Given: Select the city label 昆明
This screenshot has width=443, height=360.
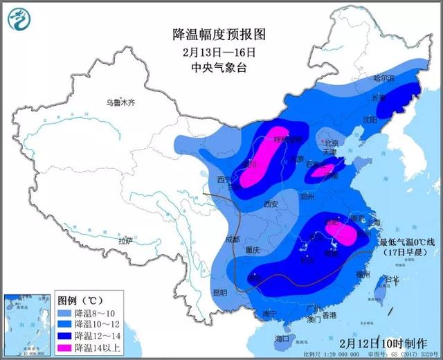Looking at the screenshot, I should (220, 292).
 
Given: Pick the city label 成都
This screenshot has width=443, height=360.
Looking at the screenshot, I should (233, 239).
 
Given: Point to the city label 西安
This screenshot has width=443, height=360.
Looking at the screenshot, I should (270, 204).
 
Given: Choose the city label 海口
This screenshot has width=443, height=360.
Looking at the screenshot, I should (280, 339).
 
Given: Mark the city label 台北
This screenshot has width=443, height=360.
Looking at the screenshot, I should (392, 279).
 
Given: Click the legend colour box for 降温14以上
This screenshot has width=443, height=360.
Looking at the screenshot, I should (64, 346).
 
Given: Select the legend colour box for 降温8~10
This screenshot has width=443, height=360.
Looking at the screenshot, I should (64, 313).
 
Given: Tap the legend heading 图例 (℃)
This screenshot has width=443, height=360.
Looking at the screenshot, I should (81, 301).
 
